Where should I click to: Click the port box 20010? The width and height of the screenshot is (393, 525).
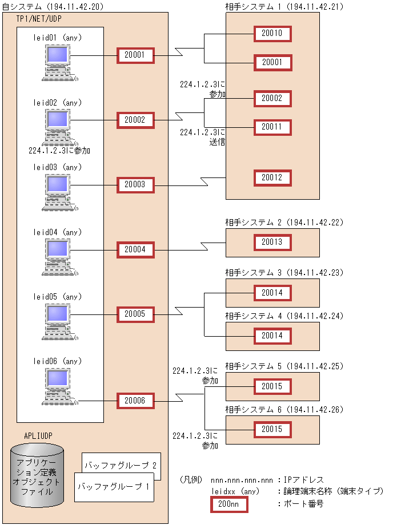click(272, 34)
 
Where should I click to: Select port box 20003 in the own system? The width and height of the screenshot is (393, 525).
click(135, 185)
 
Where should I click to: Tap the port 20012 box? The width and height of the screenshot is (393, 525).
click(272, 178)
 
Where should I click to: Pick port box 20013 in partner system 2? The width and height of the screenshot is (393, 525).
click(272, 243)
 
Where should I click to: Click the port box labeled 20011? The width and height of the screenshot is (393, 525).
click(272, 127)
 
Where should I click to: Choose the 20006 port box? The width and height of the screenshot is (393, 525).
click(135, 401)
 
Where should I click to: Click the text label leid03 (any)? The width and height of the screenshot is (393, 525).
click(58, 167)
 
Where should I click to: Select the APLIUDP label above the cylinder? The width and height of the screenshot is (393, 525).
click(38, 435)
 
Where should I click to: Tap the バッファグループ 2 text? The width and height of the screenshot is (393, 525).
click(120, 466)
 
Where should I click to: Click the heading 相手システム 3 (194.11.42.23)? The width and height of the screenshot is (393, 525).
click(284, 273)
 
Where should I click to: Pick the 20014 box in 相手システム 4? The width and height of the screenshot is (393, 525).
click(272, 336)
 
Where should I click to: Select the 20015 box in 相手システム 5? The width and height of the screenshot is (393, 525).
click(272, 386)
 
